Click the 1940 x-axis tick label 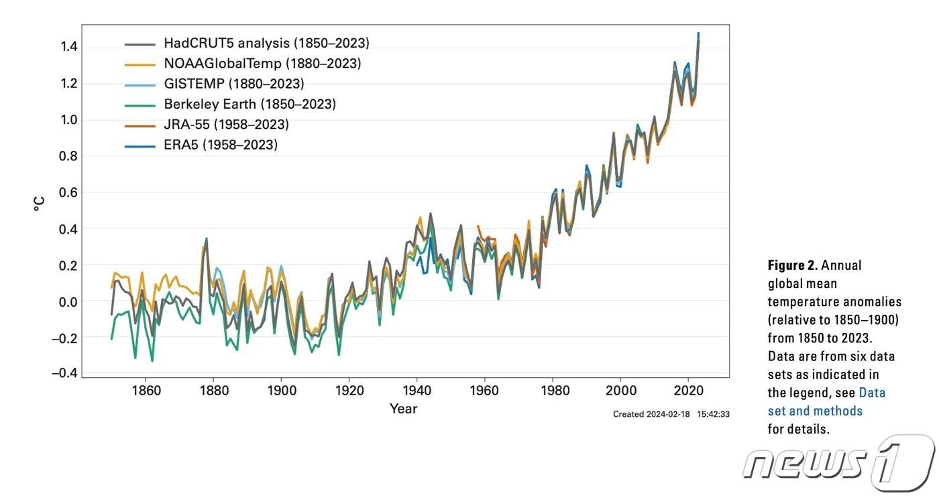417,389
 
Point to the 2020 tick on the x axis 688,389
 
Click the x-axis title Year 404,409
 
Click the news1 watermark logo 838,463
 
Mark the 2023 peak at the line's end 698,33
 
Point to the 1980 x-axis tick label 553,389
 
